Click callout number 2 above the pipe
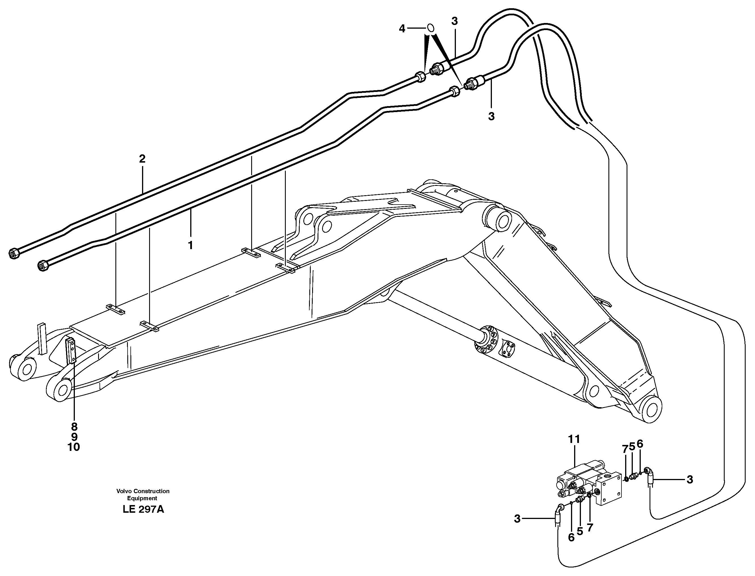coord(142,159)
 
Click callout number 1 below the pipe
coord(190,245)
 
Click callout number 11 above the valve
coord(574,439)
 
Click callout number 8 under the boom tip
coord(74,426)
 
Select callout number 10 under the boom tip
coord(74,447)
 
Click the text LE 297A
coord(143,510)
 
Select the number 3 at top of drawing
coord(454,21)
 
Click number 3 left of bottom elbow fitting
coord(517,519)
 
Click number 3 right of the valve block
coord(690,480)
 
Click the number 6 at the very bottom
coord(571,538)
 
